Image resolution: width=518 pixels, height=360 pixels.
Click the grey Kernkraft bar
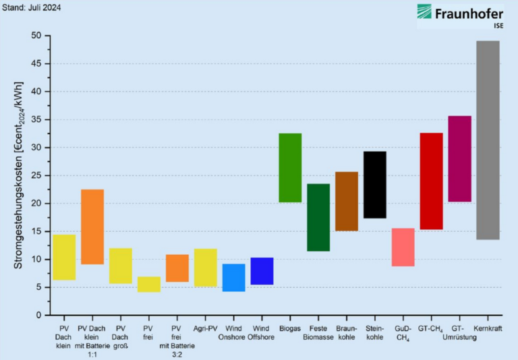coord(488,140)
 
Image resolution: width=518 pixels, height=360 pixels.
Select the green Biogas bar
coord(290,168)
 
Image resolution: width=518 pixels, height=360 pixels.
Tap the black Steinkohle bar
coord(375,185)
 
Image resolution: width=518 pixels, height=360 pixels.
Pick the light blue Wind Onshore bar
coord(233,278)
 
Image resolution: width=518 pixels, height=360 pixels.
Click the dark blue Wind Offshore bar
coord(262,271)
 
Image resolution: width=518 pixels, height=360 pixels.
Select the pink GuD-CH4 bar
coord(403,247)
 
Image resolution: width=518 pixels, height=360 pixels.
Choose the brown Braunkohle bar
coord(347,202)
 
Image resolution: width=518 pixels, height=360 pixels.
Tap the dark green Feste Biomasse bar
coord(318,218)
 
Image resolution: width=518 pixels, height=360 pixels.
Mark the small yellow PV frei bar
coord(149,284)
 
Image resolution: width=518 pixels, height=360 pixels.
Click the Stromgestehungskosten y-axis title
coord(18,175)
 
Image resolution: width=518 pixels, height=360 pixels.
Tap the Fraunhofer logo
coord(461,16)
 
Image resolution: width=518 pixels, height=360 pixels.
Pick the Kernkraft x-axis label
coord(488,328)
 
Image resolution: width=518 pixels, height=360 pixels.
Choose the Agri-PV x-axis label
coord(205,328)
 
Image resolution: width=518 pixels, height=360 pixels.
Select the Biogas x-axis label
coord(290,328)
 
